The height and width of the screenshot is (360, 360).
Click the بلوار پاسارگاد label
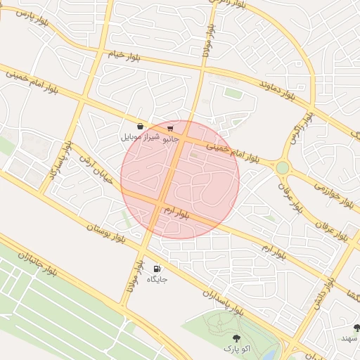(58, 160)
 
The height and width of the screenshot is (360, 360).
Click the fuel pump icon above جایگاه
(156, 269)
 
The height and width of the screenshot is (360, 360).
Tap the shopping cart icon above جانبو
(170, 128)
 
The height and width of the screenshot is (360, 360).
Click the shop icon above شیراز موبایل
(141, 126)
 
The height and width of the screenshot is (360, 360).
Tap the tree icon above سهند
(357, 328)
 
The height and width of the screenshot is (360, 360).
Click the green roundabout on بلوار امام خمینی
(282, 167)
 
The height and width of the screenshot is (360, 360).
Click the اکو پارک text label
(236, 348)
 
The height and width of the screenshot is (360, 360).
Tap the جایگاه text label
(157, 279)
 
